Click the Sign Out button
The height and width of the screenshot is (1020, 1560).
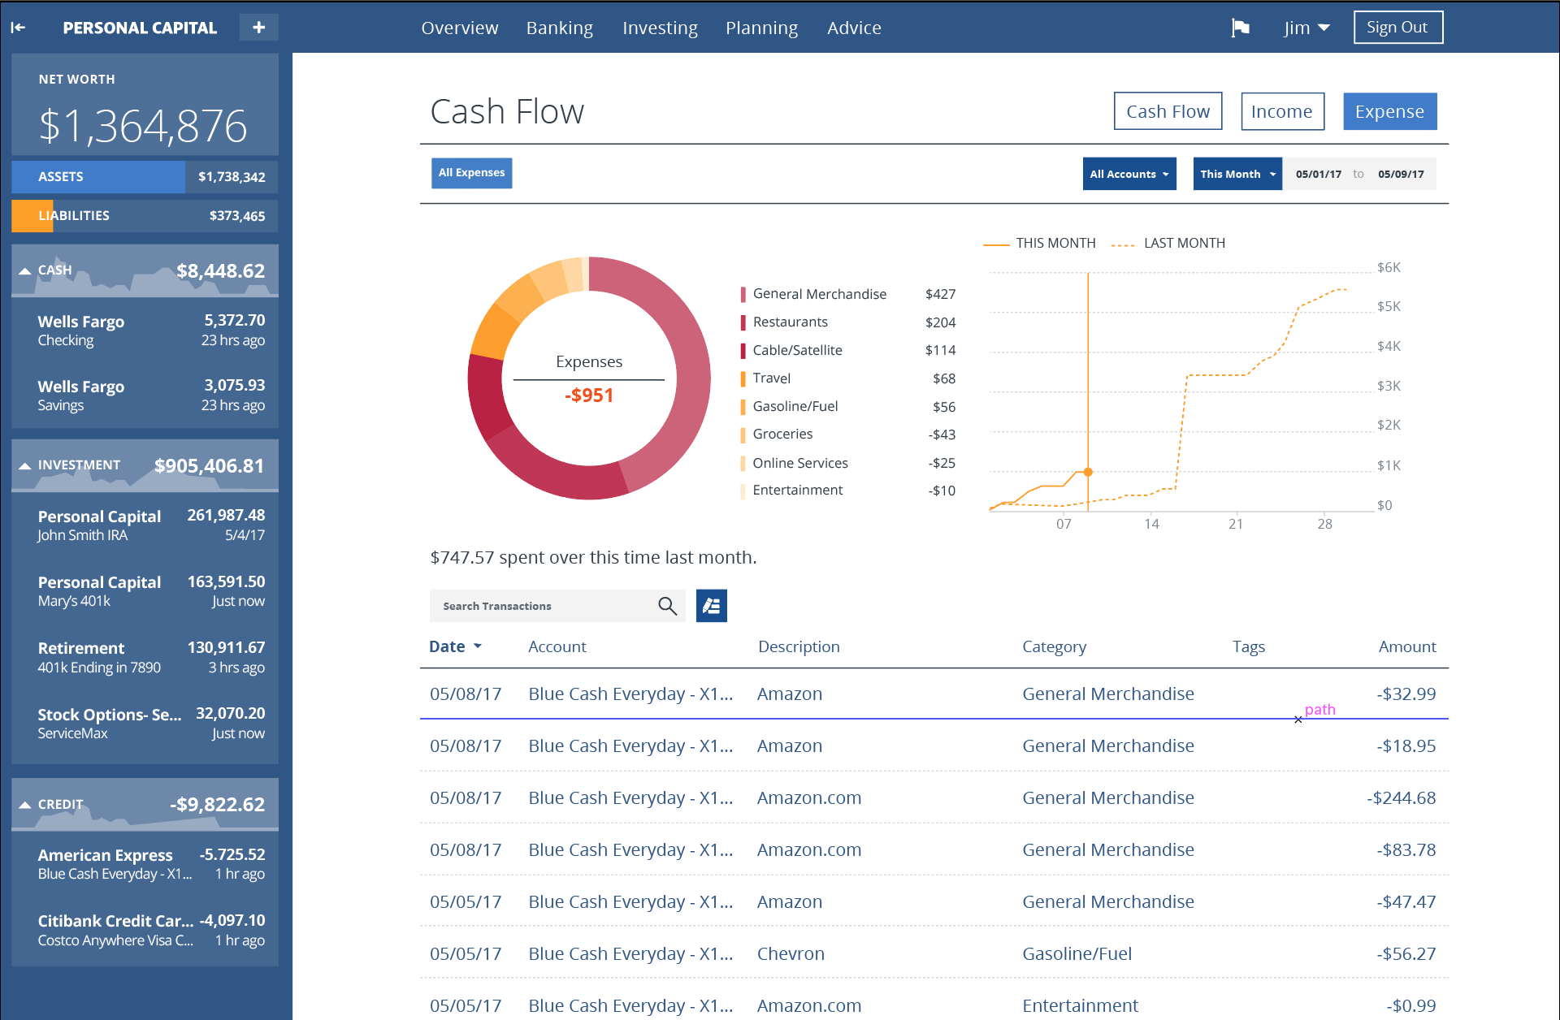(1397, 28)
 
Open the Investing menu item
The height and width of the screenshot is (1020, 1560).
(660, 28)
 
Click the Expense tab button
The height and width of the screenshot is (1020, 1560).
(1389, 111)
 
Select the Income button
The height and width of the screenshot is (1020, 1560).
(1282, 111)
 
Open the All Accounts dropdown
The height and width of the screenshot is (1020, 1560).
(1129, 174)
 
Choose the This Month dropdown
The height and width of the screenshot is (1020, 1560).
(1237, 174)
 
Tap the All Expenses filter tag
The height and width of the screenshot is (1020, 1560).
(471, 173)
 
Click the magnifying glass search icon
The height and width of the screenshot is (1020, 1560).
(667, 606)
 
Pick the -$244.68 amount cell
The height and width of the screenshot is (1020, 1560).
(1401, 797)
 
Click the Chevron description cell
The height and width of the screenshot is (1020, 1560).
(791, 953)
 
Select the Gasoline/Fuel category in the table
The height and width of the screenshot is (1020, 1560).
(1077, 953)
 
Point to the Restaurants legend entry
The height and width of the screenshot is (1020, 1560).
(790, 322)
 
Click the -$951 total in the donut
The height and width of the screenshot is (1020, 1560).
(589, 395)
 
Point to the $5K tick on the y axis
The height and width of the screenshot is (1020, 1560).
(1389, 306)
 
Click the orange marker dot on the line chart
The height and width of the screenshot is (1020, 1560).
(1088, 472)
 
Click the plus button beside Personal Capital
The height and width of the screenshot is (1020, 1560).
(258, 28)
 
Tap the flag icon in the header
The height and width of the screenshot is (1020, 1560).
(1240, 28)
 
